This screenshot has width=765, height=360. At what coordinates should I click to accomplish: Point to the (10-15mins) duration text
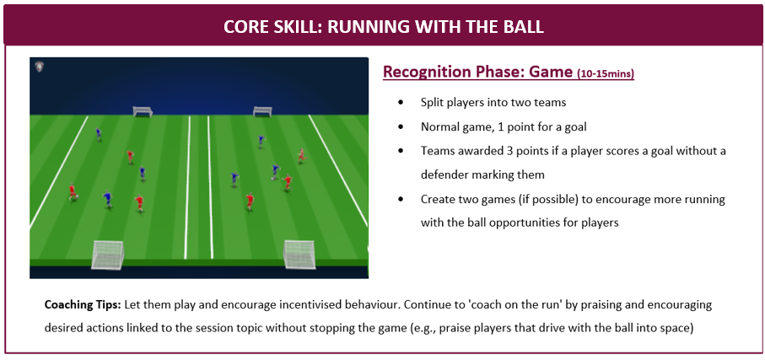point(606,74)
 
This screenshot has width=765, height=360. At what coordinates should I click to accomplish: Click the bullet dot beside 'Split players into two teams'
point(401,103)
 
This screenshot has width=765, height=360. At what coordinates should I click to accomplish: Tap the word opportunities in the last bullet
point(525,223)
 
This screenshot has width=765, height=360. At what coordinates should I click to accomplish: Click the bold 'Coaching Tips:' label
point(83,305)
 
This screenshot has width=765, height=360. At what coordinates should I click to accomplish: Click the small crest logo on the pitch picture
point(40,67)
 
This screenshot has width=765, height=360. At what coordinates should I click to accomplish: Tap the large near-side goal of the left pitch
point(107,254)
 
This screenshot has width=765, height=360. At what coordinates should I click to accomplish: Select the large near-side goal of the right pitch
point(299,254)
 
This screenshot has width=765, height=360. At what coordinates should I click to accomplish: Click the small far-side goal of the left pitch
point(143,111)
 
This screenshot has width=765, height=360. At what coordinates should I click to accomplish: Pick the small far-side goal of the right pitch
point(262,111)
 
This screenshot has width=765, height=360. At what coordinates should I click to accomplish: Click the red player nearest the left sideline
point(73,191)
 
